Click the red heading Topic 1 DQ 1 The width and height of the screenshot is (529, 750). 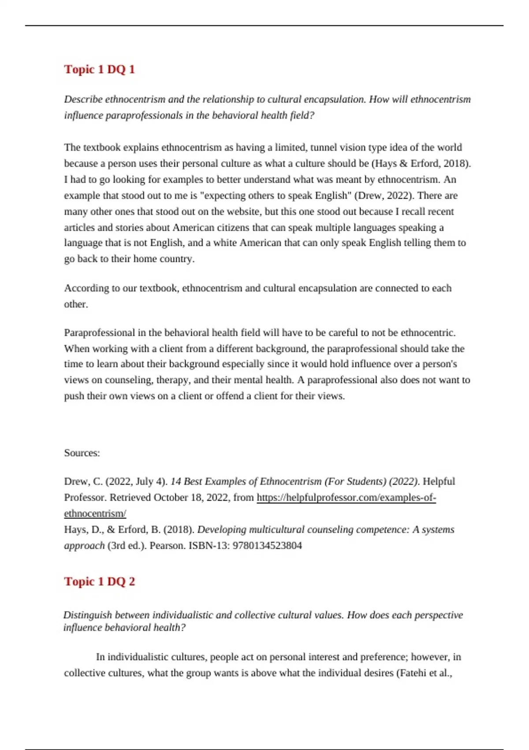(x=99, y=69)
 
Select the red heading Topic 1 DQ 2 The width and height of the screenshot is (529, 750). (x=99, y=581)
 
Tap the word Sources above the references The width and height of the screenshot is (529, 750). (x=82, y=453)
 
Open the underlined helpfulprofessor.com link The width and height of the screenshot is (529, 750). (x=346, y=498)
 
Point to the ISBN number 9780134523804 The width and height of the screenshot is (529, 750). (x=267, y=546)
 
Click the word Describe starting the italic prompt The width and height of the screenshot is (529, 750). (x=83, y=99)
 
